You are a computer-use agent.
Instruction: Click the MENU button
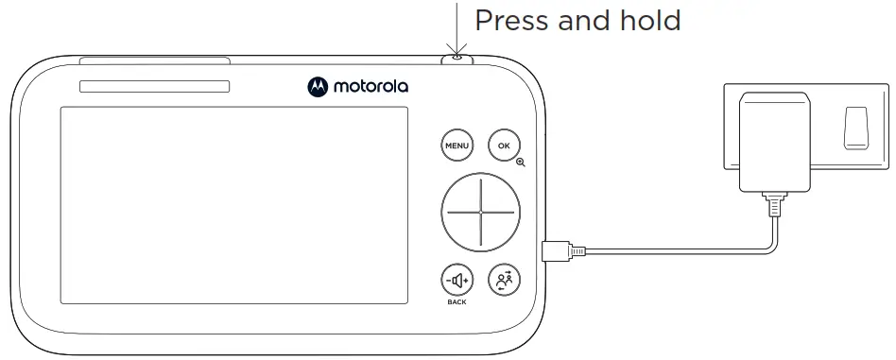(457, 146)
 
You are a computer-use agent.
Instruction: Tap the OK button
(504, 146)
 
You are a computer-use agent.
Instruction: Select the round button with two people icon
(504, 280)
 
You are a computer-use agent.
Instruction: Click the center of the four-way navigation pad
(480, 212)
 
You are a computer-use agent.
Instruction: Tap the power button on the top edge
(457, 59)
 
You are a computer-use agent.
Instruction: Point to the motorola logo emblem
(317, 87)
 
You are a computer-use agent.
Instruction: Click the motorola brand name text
(370, 87)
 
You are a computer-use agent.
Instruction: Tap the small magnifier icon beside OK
(521, 163)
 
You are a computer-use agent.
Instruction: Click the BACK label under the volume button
(457, 302)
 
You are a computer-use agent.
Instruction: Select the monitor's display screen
(233, 205)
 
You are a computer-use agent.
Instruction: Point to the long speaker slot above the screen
(154, 87)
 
